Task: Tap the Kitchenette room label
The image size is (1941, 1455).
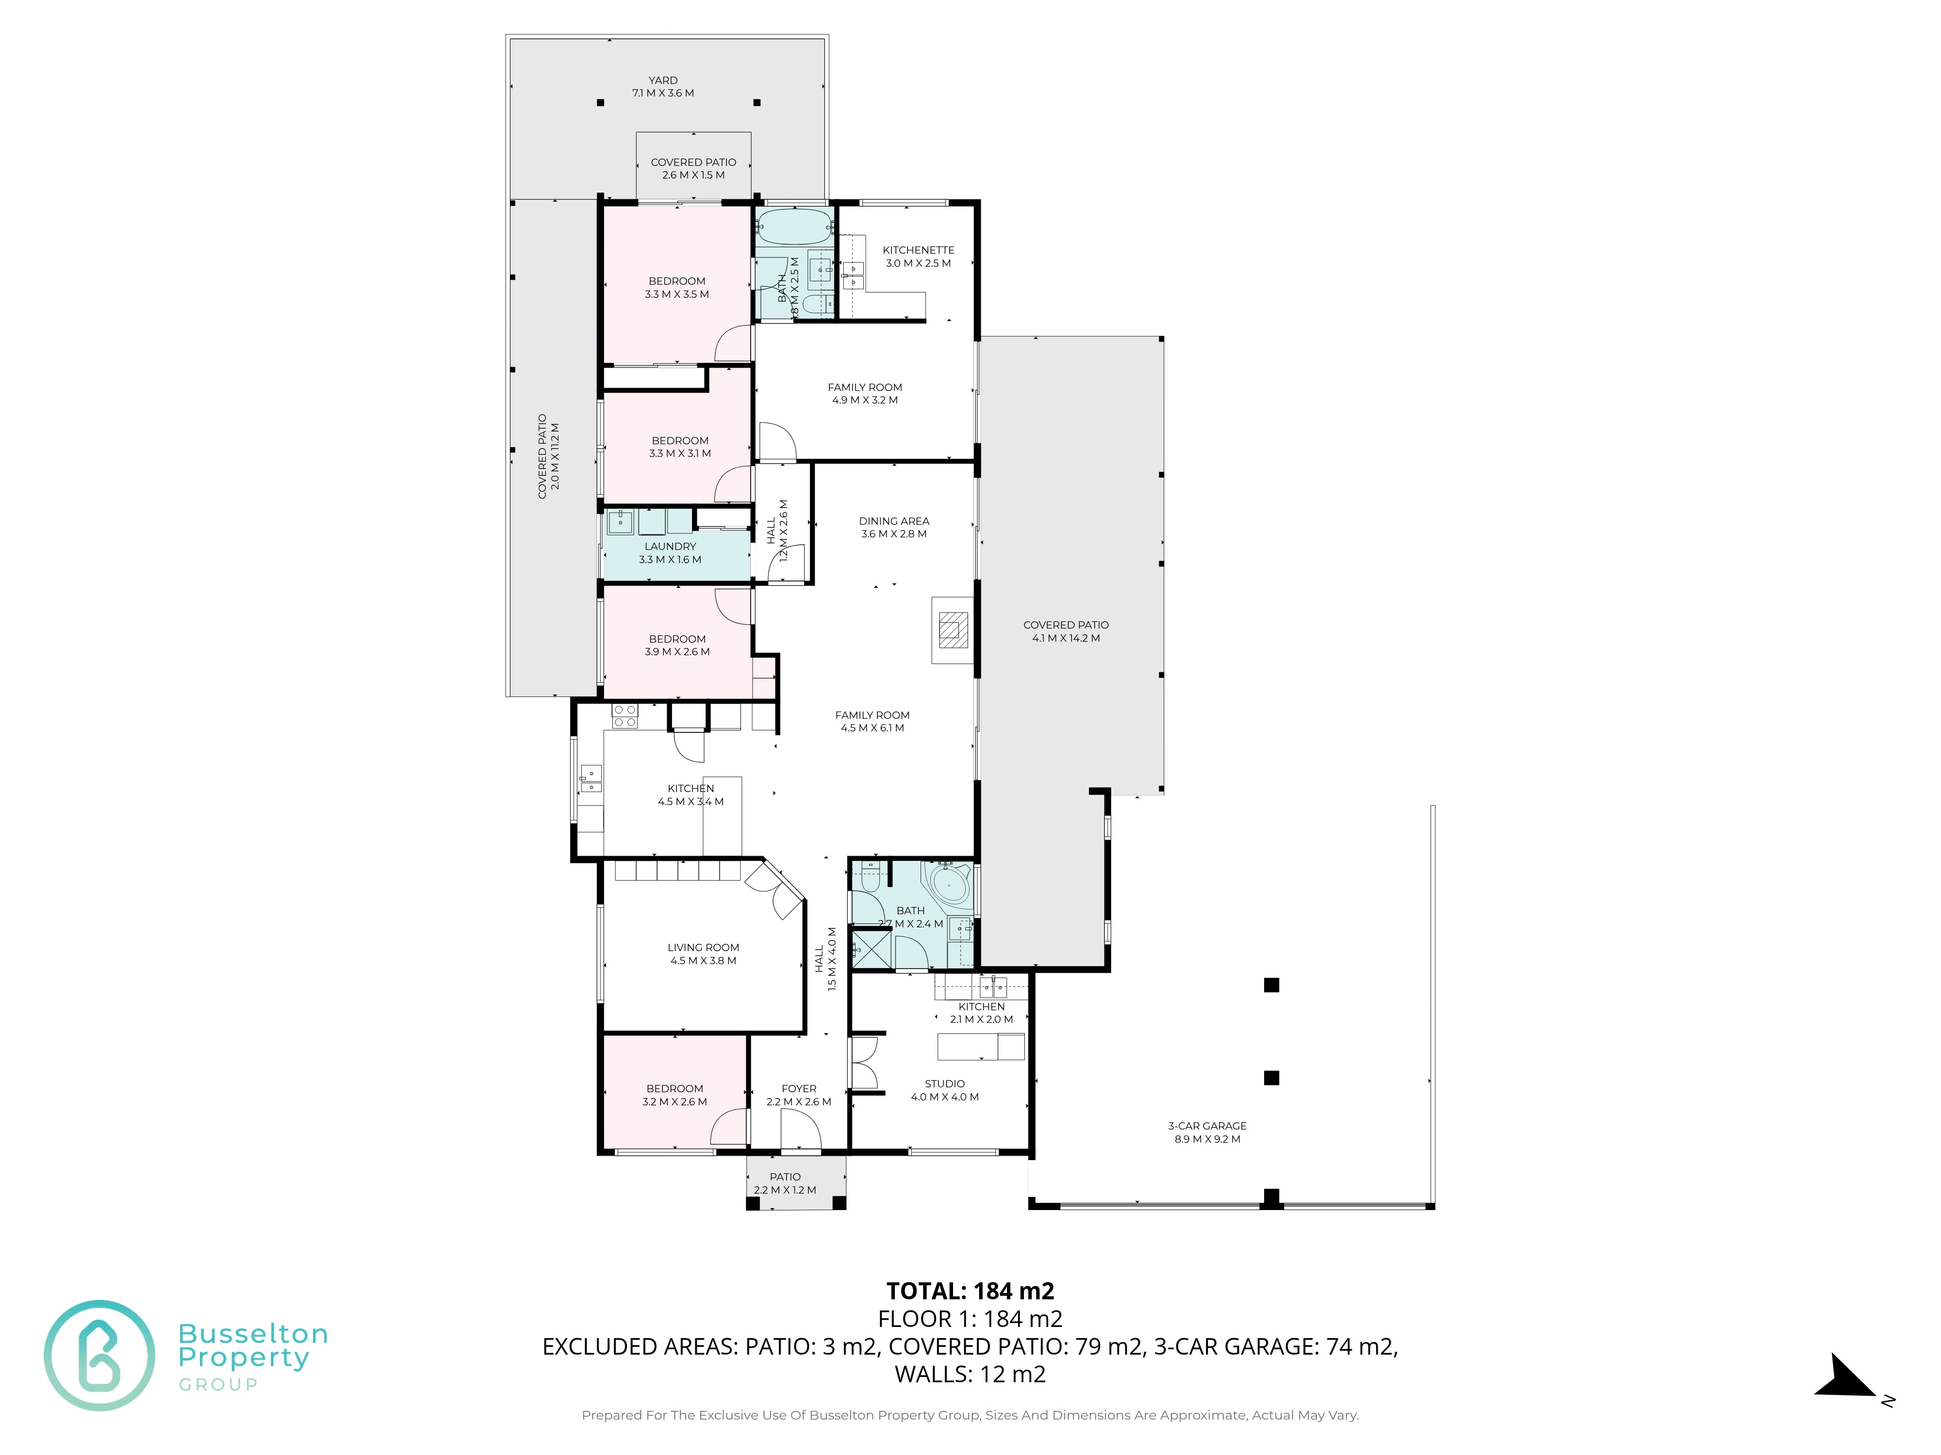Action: tap(918, 250)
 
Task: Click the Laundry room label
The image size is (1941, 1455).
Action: tap(671, 547)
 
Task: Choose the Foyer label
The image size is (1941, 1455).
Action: tap(799, 1088)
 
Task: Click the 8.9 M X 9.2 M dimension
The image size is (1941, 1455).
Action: tap(1207, 1139)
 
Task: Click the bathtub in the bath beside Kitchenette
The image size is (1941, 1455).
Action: tap(793, 226)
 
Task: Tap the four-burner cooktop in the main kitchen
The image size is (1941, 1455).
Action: tap(625, 716)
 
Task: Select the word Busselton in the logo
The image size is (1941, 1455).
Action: tap(253, 1334)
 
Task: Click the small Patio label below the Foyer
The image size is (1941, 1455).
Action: tap(785, 1177)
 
